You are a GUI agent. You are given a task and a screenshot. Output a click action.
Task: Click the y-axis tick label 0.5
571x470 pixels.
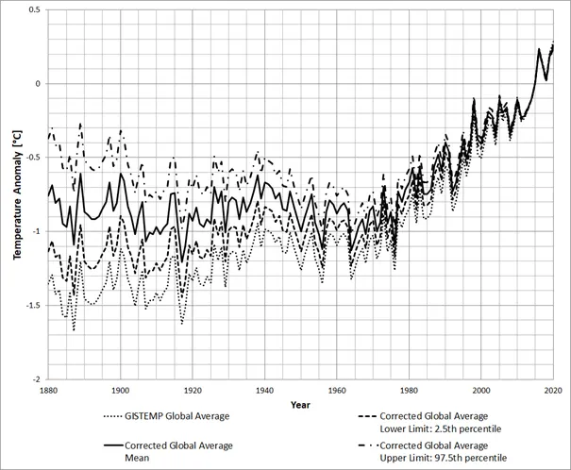coord(32,9)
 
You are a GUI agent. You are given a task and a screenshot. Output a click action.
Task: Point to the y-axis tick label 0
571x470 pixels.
coord(36,83)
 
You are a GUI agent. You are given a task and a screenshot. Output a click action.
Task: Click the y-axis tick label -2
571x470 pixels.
coord(34,378)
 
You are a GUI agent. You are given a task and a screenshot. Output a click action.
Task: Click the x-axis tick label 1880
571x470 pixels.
coord(48,389)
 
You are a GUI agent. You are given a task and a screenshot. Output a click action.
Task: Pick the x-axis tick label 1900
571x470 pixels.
coord(120,389)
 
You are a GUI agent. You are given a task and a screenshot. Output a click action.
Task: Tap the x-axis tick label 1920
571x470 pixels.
coord(193,389)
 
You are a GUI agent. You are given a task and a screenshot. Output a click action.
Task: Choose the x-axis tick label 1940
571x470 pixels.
coord(264,389)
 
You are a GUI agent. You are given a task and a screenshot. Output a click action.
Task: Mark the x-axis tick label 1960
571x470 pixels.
coord(337,389)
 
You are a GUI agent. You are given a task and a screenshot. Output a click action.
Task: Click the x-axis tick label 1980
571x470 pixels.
coord(409,389)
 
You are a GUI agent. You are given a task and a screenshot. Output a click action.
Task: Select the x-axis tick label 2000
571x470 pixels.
coord(481,389)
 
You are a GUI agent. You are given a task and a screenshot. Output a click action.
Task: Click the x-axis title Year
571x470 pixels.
coord(300,404)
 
